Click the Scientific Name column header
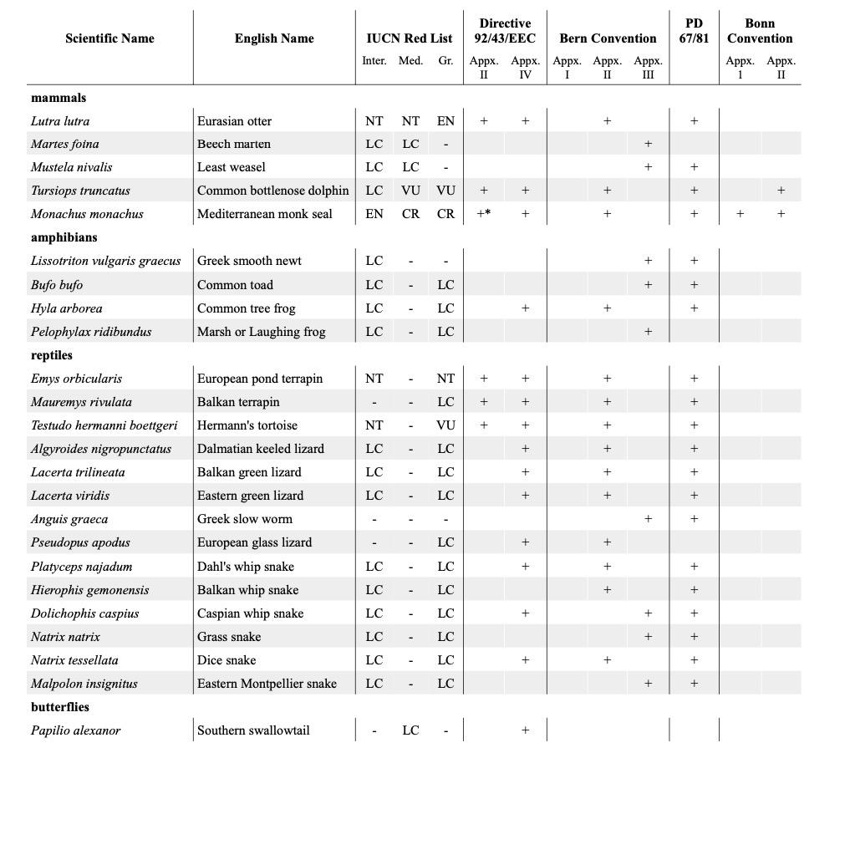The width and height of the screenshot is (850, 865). point(109,38)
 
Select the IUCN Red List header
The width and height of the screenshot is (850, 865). point(409,38)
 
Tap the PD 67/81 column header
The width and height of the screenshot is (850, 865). point(694,31)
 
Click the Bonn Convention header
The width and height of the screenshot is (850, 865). point(759,31)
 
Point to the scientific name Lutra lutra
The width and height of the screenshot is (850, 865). point(60,121)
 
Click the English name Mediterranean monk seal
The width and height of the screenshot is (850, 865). point(265,214)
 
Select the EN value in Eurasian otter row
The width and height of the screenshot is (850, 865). point(445,121)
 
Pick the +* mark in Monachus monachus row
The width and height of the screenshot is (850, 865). point(483,214)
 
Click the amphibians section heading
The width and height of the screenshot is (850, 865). point(64,237)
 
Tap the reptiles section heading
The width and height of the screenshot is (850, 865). point(52,355)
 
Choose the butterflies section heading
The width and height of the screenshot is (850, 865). point(60,707)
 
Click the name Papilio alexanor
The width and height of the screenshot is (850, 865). point(76,730)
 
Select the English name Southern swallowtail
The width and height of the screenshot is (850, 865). point(253,730)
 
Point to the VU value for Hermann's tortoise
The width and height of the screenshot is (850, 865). point(445,425)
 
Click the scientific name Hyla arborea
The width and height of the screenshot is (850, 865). point(67,308)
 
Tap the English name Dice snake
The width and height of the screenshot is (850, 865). point(226,660)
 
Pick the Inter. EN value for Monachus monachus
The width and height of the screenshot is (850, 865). point(374,214)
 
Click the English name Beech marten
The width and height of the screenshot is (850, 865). point(234,144)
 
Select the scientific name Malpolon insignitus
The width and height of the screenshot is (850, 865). point(84,684)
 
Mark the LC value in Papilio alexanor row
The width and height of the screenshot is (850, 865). point(410,730)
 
